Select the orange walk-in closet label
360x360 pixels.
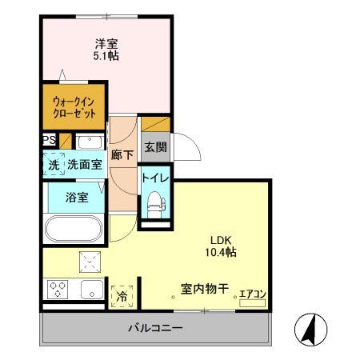point(74,108)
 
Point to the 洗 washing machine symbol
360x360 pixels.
point(53,164)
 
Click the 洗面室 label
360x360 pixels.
point(83,164)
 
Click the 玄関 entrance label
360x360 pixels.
point(154,147)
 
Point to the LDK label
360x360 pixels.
point(222,239)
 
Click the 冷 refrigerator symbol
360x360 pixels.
point(122,294)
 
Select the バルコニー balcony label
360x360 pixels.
point(156,328)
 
